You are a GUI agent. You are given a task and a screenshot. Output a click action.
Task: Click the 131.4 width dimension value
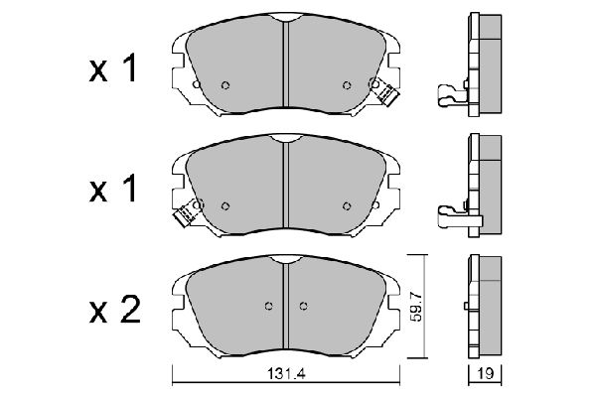[286, 374]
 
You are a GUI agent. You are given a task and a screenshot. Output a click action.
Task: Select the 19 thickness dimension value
[486, 374]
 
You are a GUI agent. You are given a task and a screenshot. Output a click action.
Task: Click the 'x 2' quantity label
[115, 311]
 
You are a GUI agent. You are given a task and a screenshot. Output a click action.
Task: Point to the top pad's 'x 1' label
[113, 68]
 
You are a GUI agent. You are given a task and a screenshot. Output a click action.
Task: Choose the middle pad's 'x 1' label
[113, 189]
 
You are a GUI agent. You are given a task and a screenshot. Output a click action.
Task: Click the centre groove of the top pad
[286, 64]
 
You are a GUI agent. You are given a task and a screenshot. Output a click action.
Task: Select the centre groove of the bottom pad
[286, 306]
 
